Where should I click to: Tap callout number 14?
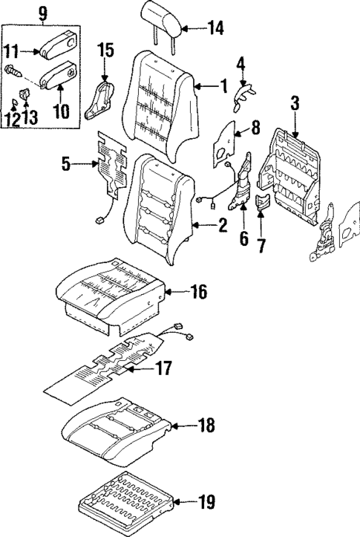(x=215, y=30)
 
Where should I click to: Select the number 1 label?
(x=223, y=87)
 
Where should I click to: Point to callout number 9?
(x=42, y=12)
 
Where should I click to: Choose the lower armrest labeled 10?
(x=59, y=75)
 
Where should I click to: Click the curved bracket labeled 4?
(x=243, y=93)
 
